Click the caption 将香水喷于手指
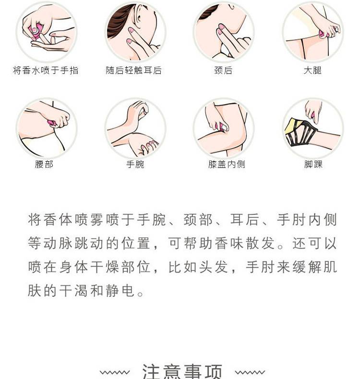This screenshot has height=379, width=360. (x=46, y=71)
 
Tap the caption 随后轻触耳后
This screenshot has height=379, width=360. (x=134, y=71)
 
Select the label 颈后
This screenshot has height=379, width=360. (x=223, y=71)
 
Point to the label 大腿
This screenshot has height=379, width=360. (x=312, y=71)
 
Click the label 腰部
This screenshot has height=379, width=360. (x=44, y=164)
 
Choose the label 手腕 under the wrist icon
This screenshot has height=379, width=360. (x=135, y=164)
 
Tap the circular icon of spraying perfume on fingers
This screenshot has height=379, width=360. (x=46, y=32)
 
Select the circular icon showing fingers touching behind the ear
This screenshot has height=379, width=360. (x=135, y=32)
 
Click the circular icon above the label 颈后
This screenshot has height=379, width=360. (x=224, y=32)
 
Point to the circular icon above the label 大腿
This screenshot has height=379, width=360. (x=313, y=32)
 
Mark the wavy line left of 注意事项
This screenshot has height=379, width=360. (x=114, y=372)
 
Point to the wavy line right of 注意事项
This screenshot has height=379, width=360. (x=250, y=372)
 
